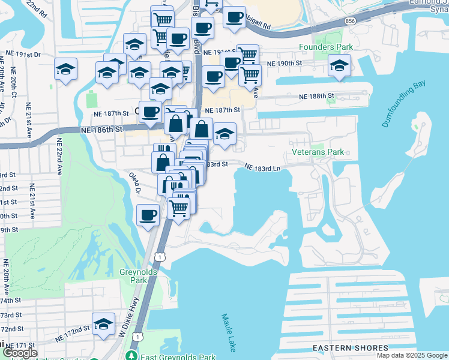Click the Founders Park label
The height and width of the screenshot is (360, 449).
pyautogui.click(x=325, y=47)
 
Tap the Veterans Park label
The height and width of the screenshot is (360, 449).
pyautogui.click(x=318, y=152)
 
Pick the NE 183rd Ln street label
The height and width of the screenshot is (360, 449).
pyautogui.click(x=262, y=168)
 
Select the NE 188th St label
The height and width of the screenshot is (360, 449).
pyautogui.click(x=316, y=96)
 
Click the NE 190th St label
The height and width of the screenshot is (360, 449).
pyautogui.click(x=284, y=63)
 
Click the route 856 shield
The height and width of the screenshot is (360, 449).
pyautogui.click(x=349, y=20)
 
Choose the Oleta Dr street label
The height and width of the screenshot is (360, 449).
pyautogui.click(x=134, y=184)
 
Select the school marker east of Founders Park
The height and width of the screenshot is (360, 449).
pyautogui.click(x=339, y=65)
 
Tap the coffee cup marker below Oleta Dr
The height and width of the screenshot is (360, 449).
pyautogui.click(x=148, y=215)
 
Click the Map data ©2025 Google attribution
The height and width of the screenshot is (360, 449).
pyautogui.click(x=411, y=355)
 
